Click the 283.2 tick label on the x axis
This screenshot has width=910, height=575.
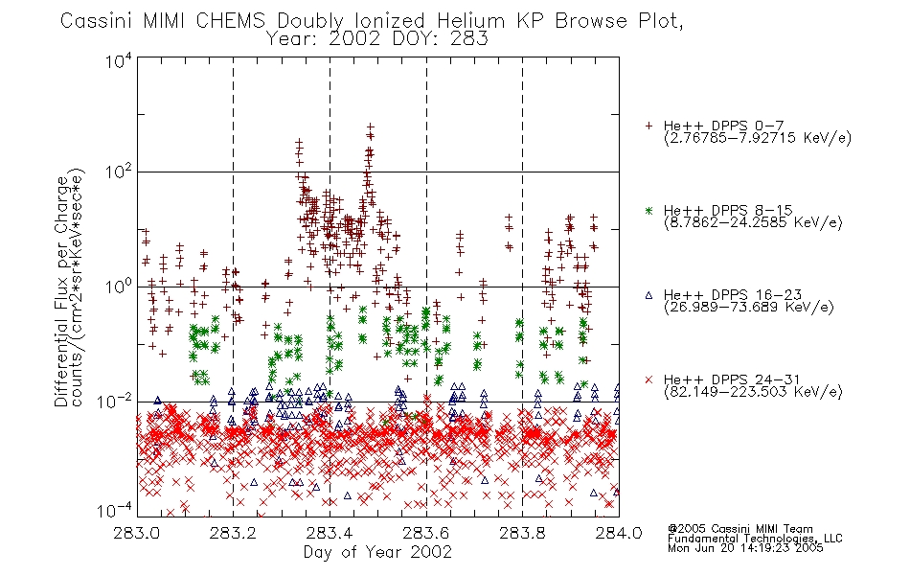[234, 533]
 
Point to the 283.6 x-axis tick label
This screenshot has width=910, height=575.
[426, 533]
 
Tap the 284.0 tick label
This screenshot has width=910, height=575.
[619, 533]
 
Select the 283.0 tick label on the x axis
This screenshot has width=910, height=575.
[137, 533]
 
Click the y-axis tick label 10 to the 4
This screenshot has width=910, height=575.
[119, 60]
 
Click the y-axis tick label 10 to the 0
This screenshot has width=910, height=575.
[119, 287]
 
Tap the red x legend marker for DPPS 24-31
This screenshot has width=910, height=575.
[648, 379]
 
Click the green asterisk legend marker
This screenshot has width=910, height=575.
[648, 211]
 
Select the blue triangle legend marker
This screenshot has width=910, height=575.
[648, 295]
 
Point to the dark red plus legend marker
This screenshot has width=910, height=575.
[648, 126]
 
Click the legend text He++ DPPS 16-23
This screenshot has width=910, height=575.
[733, 295]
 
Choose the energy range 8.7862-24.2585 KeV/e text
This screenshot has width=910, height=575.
[753, 222]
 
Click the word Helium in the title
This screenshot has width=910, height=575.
[470, 21]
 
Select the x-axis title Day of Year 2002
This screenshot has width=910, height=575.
[377, 552]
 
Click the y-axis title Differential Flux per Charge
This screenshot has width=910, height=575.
[61, 291]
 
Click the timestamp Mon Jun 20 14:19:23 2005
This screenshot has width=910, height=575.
[745, 548]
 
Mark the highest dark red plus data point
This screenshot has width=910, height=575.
[371, 126]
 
